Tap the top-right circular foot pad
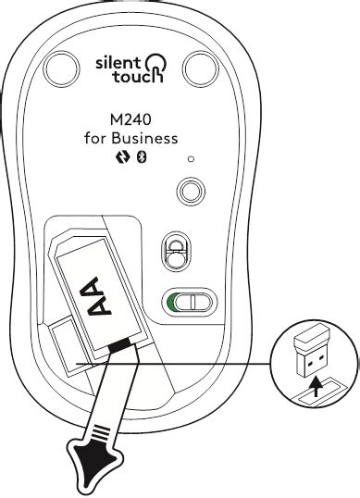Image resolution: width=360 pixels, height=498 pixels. click(x=202, y=68)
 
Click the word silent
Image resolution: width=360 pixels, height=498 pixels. click(x=118, y=62)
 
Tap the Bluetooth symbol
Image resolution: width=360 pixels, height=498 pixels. click(x=143, y=157)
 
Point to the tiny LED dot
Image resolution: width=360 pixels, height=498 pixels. click(x=191, y=160)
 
